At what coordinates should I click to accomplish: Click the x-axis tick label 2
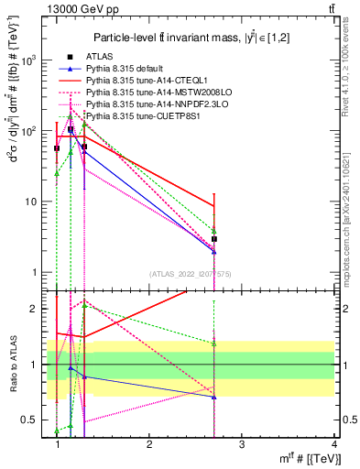pyautogui.click(x=149, y=444)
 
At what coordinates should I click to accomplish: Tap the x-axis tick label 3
pyautogui.click(x=241, y=444)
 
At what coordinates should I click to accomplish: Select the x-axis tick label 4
pyautogui.click(x=333, y=444)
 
